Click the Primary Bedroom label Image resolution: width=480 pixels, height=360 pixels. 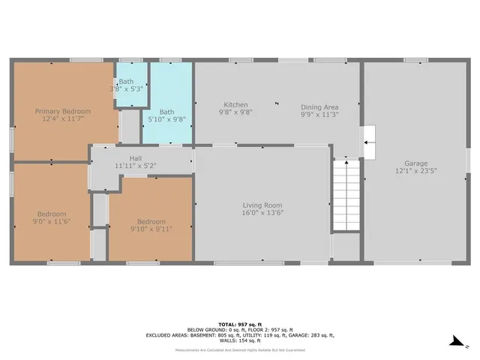point(63,111)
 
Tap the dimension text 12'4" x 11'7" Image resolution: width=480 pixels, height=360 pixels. point(63,119)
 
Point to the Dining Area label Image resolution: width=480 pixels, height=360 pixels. point(320,106)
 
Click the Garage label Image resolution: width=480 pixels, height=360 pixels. point(415,163)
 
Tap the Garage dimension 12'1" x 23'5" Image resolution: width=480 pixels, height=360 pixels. point(415,171)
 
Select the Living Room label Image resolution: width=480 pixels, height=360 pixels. point(262,205)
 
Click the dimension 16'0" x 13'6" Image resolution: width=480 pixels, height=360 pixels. point(262,213)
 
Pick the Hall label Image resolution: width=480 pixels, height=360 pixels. point(135,158)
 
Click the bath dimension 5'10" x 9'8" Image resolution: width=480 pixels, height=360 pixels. point(166,119)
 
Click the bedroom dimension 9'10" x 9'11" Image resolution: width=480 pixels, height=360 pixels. point(151,229)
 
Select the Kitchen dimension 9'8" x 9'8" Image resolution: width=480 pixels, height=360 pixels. point(235,112)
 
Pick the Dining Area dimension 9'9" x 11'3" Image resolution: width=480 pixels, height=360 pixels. point(320,115)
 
